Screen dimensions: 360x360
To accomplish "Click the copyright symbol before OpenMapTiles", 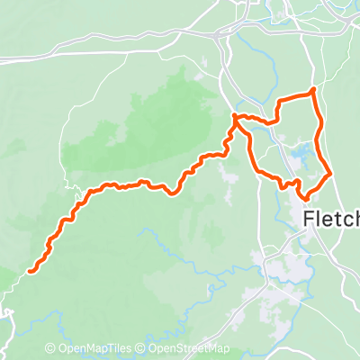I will point(51,349).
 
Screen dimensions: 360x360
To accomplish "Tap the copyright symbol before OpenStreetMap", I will point(142,349).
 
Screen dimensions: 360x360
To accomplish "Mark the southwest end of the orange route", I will point(31,268).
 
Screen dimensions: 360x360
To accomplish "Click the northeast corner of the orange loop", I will point(312,91).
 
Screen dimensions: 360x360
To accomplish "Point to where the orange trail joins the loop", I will point(236,117).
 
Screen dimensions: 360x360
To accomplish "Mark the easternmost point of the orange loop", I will point(329,170).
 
